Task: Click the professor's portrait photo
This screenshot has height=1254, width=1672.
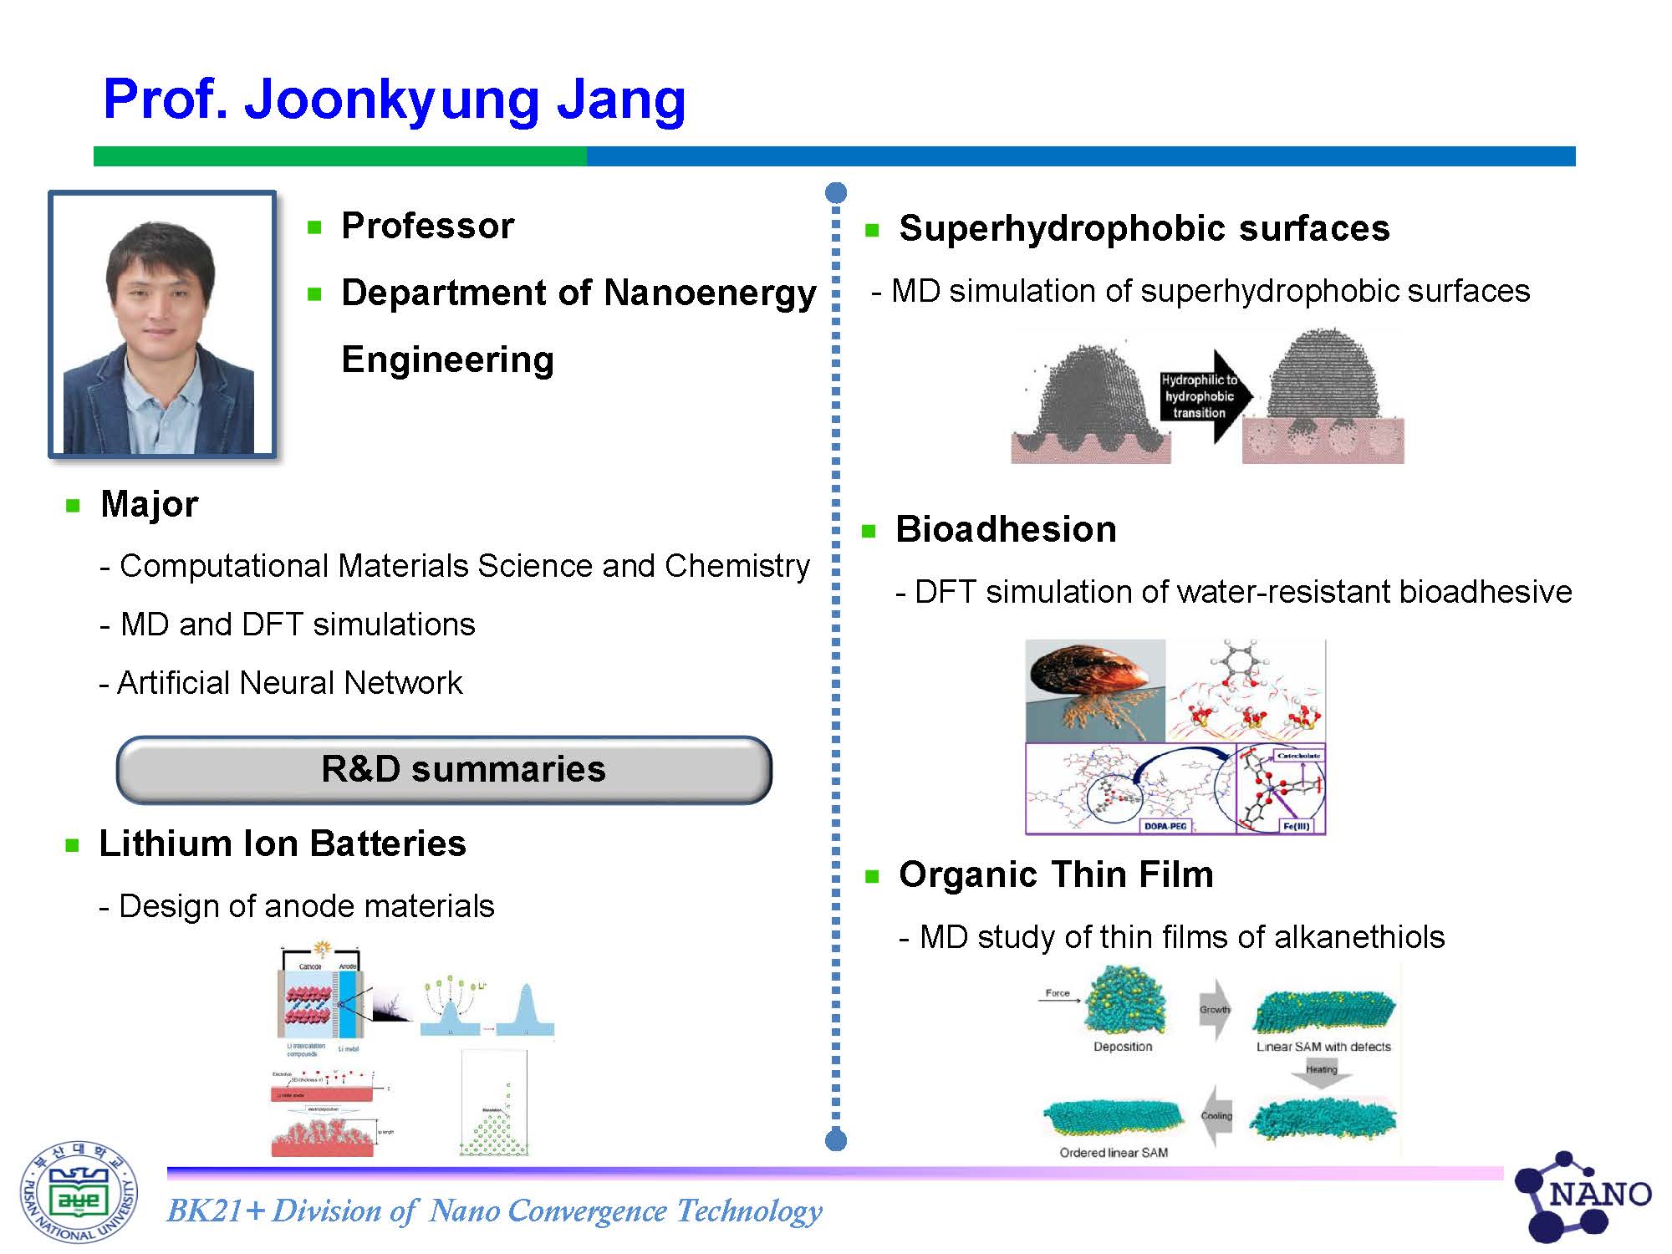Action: [162, 324]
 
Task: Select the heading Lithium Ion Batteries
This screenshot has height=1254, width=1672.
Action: [283, 844]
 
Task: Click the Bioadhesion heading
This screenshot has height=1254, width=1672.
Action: [1006, 529]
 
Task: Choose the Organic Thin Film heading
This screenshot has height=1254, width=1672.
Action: [1056, 874]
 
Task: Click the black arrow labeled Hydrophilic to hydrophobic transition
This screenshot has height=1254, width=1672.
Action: [1204, 396]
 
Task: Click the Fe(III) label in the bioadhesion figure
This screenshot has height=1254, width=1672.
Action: [1296, 826]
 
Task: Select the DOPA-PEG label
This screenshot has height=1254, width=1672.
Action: [1165, 826]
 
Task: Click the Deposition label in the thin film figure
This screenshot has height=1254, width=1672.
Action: [1123, 1047]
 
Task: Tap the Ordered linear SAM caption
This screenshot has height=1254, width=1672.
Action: [1114, 1153]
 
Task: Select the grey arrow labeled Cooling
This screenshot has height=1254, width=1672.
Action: [1216, 1117]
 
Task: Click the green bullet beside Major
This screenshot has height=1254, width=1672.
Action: [73, 505]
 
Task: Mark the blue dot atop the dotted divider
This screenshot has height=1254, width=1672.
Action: [835, 193]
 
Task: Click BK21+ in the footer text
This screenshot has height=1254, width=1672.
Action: [216, 1211]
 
